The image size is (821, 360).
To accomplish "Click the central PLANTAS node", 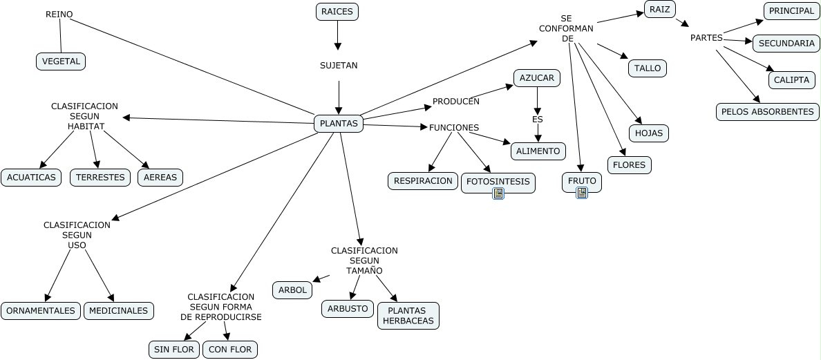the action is pos(338,124).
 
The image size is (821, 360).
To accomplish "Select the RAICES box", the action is pos(337,12).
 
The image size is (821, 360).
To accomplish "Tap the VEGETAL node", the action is pos(61,61).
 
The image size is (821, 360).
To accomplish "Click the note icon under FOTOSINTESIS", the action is pos(498,193).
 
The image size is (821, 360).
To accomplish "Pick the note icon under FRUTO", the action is pos(582,193).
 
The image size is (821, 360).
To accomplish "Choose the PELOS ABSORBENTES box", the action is pos(768,111).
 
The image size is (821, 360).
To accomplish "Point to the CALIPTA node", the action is pos(792,80).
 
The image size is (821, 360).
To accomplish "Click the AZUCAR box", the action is pos(537,78).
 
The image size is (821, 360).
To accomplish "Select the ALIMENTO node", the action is pos(538,151).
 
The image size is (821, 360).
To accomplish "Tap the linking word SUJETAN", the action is pos(339,66).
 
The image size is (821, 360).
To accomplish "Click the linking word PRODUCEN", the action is pos(456,101).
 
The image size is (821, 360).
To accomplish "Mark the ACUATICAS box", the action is pos(31,178).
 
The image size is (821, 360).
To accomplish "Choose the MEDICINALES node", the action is pos(118,311).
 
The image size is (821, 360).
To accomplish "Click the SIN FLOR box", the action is pos(174,350).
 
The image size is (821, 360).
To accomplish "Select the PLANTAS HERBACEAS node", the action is pos(408,316).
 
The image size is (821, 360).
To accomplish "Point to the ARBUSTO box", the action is pos(348,309).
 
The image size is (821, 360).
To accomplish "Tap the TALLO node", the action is pos(647,68).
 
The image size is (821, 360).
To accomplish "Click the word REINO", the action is pos(59,14).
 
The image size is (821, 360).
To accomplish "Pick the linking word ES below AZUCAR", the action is pos(538,120).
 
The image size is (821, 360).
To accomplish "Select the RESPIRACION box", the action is pos(422,181).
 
